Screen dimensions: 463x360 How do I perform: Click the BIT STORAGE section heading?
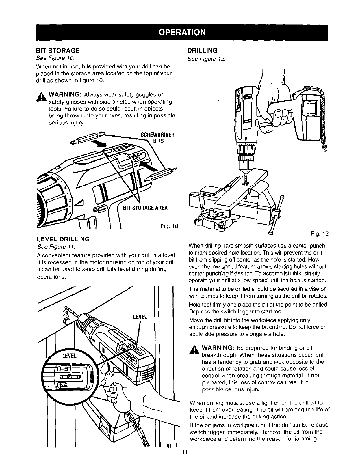(x=57, y=51)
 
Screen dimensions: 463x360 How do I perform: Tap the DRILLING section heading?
(x=202, y=51)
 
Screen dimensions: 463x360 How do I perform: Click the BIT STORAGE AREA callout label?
(x=145, y=208)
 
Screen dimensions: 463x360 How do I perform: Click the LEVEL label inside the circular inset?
(x=70, y=355)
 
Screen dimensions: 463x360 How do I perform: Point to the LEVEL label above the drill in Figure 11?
(x=140, y=317)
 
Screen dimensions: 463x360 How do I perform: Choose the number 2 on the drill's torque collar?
(x=70, y=201)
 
